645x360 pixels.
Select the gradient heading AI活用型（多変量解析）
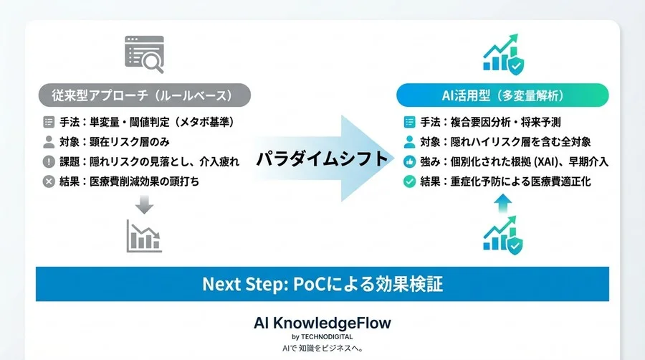pyautogui.click(x=502, y=95)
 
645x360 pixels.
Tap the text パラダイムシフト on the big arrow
pyautogui.click(x=322, y=158)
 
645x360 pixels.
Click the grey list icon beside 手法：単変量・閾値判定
pyautogui.click(x=49, y=122)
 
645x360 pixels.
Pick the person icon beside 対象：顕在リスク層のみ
pyautogui.click(x=49, y=142)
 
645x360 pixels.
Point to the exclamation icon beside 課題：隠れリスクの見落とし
pyautogui.click(x=49, y=161)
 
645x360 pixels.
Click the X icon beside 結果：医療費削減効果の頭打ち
pyautogui.click(x=49, y=181)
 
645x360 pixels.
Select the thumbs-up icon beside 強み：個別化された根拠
pyautogui.click(x=409, y=161)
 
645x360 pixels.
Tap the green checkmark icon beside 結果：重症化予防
pyautogui.click(x=409, y=181)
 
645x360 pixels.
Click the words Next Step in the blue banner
pyautogui.click(x=244, y=284)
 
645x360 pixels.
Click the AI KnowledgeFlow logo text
pyautogui.click(x=322, y=323)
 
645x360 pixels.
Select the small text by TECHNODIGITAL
pyautogui.click(x=322, y=336)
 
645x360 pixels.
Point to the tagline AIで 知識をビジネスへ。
pyautogui.click(x=322, y=349)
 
